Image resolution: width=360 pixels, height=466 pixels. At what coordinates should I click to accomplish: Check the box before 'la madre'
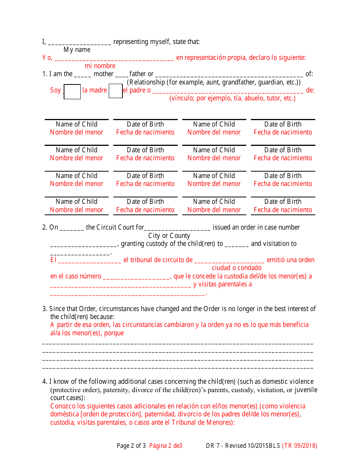72,92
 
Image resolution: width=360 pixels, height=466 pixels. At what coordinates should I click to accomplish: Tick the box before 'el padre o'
116,91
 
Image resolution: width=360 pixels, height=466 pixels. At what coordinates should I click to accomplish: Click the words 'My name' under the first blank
77,50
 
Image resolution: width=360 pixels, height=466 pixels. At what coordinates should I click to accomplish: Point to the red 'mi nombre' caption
100,66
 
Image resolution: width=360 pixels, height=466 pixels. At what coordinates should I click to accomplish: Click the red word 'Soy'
55,90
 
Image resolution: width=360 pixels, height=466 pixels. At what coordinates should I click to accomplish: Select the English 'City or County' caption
169,236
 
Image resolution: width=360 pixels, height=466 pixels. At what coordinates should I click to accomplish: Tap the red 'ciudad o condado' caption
236,268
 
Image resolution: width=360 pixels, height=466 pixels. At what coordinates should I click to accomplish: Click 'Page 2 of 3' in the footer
131,446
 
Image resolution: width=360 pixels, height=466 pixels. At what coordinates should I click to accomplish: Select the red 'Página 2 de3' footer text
166,446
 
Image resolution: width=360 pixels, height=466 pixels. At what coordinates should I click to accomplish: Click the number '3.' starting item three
45,309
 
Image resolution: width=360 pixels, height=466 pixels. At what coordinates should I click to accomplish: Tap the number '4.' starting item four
45,382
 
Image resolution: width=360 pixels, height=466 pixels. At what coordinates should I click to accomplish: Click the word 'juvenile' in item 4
306,390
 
